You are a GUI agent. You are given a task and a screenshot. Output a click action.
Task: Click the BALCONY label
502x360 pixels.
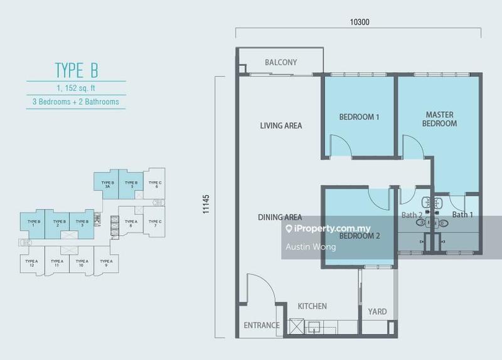tap(280, 63)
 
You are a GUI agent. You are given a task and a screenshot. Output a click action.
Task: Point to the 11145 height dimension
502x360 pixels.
tap(206, 205)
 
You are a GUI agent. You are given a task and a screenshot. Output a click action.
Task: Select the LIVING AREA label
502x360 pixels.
tap(281, 126)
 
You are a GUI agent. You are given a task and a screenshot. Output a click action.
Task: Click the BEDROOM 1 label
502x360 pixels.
tap(360, 117)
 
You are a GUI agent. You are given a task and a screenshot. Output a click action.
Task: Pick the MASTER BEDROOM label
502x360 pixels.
tap(440, 119)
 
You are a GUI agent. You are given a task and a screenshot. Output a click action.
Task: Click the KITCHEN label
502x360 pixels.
tap(312, 307)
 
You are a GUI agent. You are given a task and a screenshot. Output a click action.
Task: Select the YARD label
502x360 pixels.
tap(377, 312)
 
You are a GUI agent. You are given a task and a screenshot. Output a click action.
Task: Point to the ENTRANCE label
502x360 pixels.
tap(262, 326)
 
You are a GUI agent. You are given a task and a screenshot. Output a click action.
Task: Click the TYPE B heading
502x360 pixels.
tap(77, 68)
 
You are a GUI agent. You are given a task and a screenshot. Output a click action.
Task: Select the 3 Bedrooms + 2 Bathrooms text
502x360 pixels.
tap(77, 101)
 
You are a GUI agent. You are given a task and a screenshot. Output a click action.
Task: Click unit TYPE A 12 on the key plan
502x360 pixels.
tap(30, 263)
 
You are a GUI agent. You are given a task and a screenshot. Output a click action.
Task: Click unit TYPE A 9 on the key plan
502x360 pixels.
tap(105, 263)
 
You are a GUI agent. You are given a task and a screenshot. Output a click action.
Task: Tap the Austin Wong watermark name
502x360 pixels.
tap(311, 247)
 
